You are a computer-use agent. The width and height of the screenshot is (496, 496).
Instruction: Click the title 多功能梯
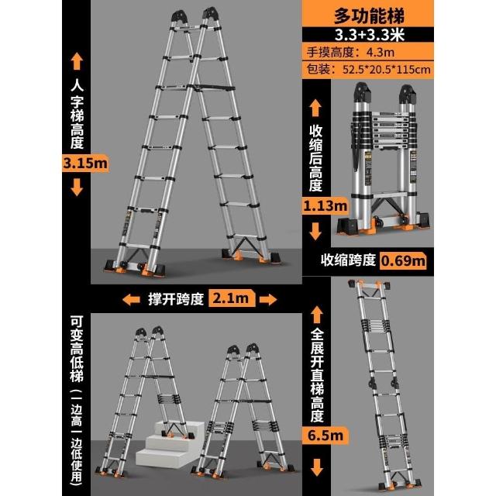(x=369, y=15)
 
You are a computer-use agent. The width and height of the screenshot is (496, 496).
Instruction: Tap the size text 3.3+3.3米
(x=370, y=34)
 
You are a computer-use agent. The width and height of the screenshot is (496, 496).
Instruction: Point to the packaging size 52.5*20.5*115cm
(x=387, y=70)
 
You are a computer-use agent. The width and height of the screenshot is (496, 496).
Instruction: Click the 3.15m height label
(x=85, y=164)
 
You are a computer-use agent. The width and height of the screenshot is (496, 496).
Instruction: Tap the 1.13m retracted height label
(x=325, y=206)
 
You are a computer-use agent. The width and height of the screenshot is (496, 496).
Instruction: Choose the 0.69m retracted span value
(x=403, y=261)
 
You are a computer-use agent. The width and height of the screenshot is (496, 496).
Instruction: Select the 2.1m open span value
(x=231, y=298)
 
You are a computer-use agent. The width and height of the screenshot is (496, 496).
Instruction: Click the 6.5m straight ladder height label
(x=325, y=436)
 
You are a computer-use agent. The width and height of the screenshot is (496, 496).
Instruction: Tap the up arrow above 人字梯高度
(x=77, y=61)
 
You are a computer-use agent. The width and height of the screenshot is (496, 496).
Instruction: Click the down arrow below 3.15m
(x=77, y=188)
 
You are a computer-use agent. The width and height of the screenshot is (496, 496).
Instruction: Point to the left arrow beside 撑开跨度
(x=131, y=299)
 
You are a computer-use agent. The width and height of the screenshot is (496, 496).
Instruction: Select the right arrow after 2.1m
(x=268, y=299)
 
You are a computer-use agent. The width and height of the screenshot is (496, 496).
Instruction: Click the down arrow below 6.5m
(x=316, y=467)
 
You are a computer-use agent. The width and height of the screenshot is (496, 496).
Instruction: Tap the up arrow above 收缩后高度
(x=315, y=108)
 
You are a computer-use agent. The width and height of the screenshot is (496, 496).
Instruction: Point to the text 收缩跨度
(x=348, y=260)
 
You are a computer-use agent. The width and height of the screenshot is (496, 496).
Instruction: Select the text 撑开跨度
(x=176, y=298)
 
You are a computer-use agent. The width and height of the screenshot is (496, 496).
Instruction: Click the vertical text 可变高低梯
(x=77, y=350)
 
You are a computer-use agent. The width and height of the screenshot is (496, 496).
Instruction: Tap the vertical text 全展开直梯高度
(x=317, y=375)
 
